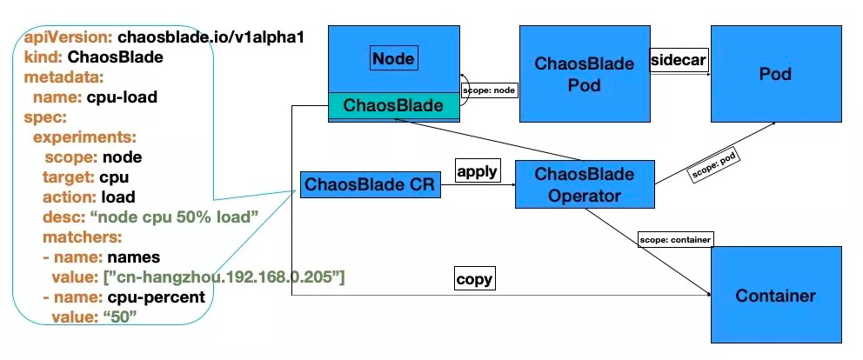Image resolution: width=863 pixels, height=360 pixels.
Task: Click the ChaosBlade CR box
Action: [x=370, y=184]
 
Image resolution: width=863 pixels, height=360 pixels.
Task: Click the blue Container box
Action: [x=776, y=296]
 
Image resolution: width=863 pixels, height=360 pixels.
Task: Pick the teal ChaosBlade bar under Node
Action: [x=393, y=106]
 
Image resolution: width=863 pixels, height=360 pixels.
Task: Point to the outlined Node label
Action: [x=393, y=59]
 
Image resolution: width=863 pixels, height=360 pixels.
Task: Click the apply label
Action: [x=477, y=170]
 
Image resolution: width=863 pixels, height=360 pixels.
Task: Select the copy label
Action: [x=475, y=279]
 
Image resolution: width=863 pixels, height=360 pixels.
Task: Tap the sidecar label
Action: [x=679, y=60]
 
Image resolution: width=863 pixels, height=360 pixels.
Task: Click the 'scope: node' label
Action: [x=490, y=89]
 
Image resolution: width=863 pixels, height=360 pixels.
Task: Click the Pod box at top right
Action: [x=775, y=75]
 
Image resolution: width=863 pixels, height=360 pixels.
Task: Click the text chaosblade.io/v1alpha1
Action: [x=210, y=38]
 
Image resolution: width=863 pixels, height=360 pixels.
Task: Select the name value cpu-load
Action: [x=124, y=97]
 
